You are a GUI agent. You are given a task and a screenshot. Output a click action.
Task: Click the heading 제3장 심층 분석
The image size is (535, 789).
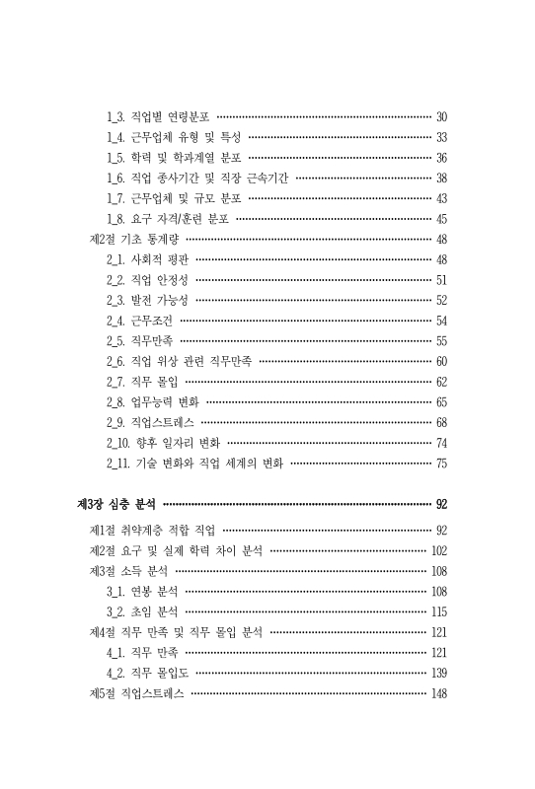click(x=119, y=503)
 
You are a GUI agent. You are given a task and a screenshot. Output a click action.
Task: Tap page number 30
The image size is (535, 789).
click(x=441, y=115)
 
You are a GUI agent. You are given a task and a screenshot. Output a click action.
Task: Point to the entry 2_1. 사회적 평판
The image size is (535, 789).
click(x=148, y=259)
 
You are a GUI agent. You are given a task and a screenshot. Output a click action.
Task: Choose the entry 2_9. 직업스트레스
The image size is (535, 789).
click(x=151, y=422)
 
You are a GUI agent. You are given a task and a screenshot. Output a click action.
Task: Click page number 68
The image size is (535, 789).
click(x=441, y=422)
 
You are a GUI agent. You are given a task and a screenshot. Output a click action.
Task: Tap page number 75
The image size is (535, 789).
click(x=441, y=463)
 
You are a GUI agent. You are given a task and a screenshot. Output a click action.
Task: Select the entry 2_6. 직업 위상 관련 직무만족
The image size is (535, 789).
click(x=179, y=361)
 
